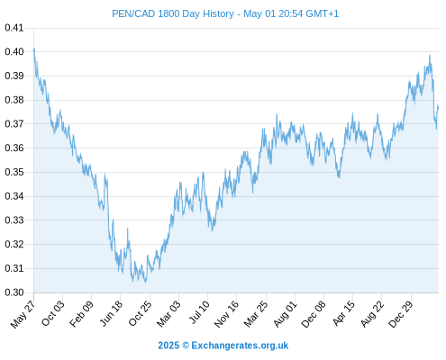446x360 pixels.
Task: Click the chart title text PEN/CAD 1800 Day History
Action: click(x=173, y=13)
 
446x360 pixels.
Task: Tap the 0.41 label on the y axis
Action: click(x=14, y=28)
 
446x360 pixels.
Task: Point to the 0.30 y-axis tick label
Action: click(x=14, y=292)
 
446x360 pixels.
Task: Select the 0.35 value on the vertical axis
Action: click(x=14, y=172)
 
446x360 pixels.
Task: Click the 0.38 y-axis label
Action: click(x=14, y=100)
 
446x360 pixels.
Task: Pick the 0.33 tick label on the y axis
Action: click(x=14, y=220)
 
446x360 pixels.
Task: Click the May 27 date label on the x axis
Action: click(x=23, y=314)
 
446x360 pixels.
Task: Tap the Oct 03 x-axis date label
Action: click(x=53, y=313)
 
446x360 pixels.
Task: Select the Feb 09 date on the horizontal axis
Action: click(x=82, y=314)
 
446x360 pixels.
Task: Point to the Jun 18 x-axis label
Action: click(x=111, y=313)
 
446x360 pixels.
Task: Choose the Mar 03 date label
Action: click(x=169, y=313)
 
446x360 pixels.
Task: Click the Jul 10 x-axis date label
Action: click(x=199, y=312)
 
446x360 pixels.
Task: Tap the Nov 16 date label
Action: click(x=227, y=314)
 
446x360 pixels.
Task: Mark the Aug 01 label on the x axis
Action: click(x=286, y=313)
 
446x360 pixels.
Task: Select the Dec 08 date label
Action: click(x=314, y=314)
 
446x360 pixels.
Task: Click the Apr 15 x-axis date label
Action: click(x=344, y=313)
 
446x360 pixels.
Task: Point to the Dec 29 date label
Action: click(x=401, y=314)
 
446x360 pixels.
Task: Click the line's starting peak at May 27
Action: click(x=34, y=49)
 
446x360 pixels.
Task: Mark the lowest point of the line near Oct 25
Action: click(x=146, y=283)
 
